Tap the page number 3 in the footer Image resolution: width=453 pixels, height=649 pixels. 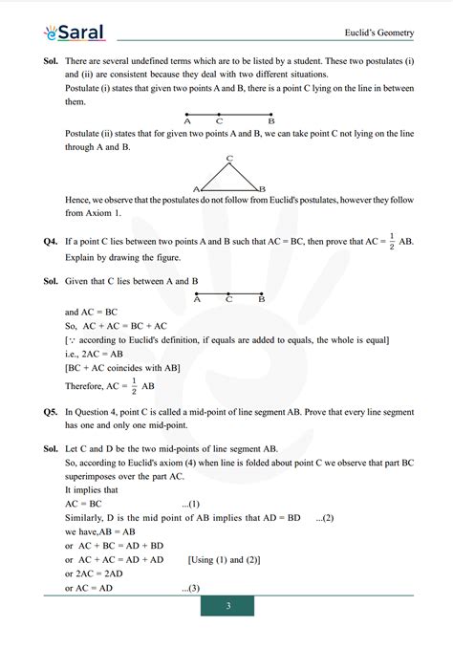point(227,607)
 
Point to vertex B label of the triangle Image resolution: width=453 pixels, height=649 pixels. point(262,189)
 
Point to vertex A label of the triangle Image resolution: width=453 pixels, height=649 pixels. point(196,189)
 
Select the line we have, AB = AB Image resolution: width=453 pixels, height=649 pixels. point(100,532)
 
